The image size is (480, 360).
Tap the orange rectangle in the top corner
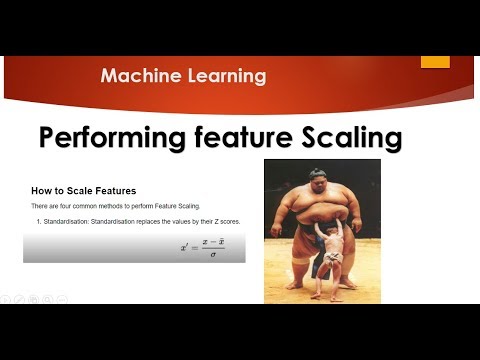click(435, 60)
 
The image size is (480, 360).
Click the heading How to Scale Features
click(83, 189)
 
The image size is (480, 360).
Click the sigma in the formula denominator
click(212, 255)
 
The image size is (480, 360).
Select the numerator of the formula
click(212, 241)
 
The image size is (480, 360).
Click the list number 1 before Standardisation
click(37, 221)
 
